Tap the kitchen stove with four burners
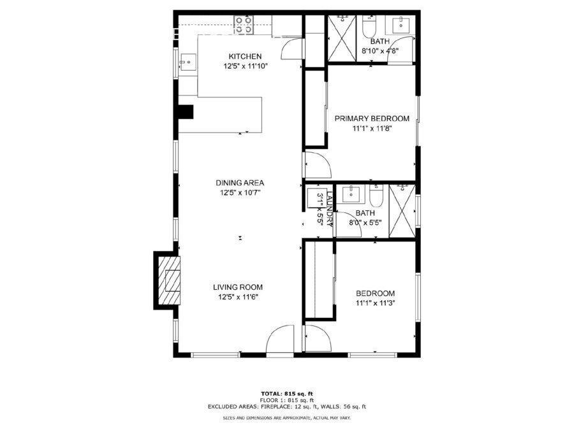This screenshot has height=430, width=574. (244, 25)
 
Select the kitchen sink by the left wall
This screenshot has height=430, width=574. (188, 62)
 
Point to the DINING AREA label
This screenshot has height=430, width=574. (239, 183)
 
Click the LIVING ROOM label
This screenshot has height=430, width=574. (238, 287)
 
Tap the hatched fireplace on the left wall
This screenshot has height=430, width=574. (169, 280)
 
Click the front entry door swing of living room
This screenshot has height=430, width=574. (280, 339)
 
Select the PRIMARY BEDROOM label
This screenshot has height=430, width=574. (372, 118)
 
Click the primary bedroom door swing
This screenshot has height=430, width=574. (318, 164)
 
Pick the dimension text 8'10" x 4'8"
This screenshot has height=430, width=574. (380, 51)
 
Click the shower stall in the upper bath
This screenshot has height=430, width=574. (342, 38)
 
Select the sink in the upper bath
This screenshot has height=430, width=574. (402, 24)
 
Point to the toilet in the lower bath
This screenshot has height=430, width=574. (376, 196)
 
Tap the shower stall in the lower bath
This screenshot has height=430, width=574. (402, 211)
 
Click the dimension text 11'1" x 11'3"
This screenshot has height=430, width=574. (375, 303)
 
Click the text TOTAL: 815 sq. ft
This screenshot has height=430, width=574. (286, 394)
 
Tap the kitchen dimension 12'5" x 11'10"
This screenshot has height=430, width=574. (246, 66)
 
